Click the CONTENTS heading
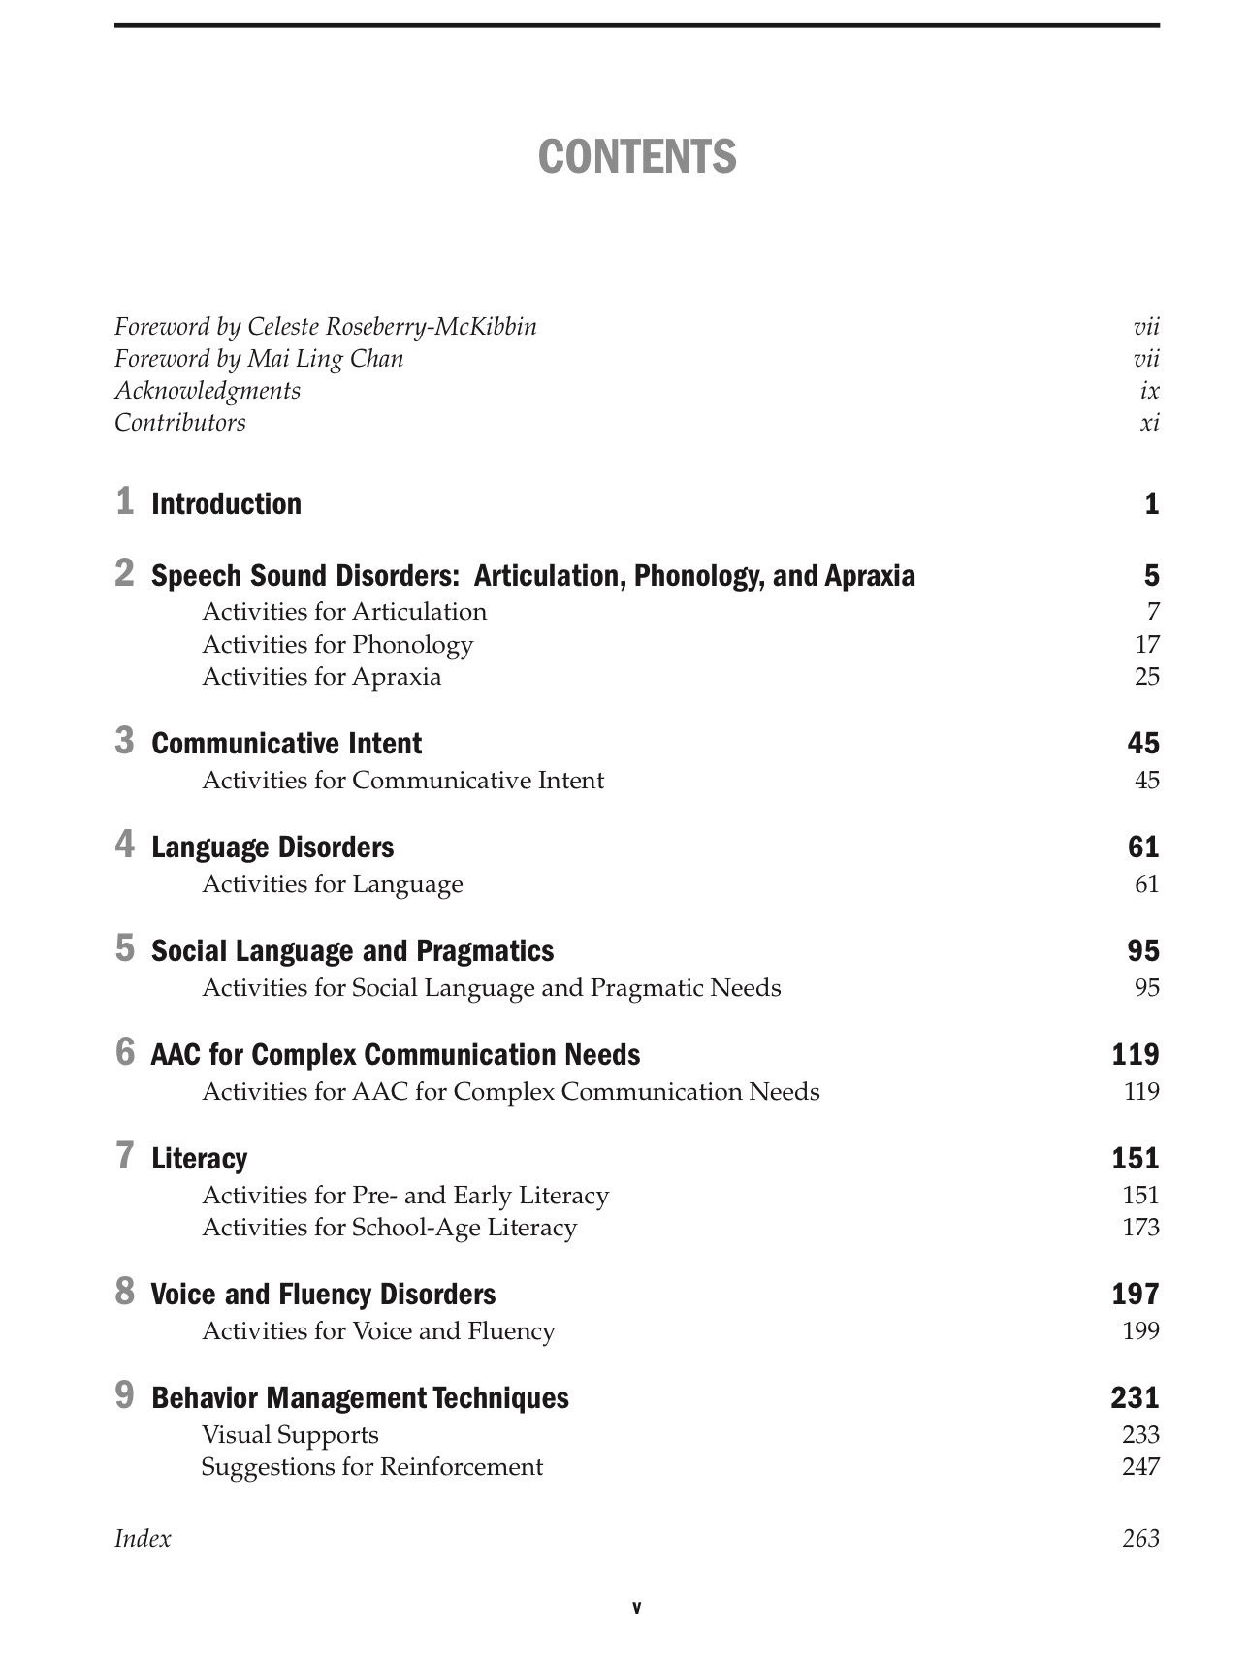tap(637, 157)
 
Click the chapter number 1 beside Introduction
tap(124, 501)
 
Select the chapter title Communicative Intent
tap(286, 744)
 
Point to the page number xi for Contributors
tap(1149, 423)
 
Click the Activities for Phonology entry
tap(337, 645)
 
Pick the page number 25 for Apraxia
tap(1146, 677)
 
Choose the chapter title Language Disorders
tap(272, 848)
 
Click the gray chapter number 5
tap(124, 948)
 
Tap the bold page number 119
tap(1135, 1055)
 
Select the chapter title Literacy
tap(199, 1159)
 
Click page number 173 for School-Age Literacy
tap(1140, 1228)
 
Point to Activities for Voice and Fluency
tap(378, 1331)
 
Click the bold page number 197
tap(1135, 1295)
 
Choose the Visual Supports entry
tap(290, 1435)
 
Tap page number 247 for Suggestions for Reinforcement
tap(1140, 1467)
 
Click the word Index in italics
tap(143, 1539)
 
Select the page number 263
tap(1140, 1539)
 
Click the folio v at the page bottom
tap(636, 1608)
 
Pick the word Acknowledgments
tap(208, 391)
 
